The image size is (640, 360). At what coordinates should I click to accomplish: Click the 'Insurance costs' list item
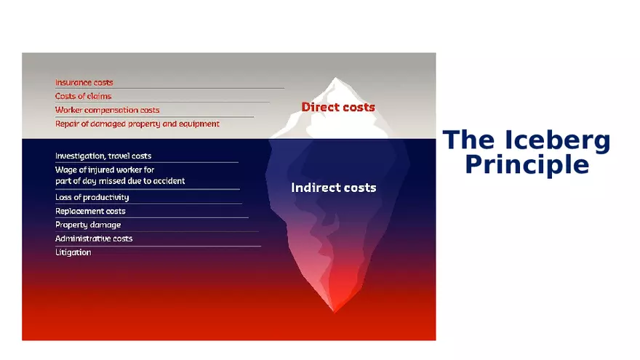84,82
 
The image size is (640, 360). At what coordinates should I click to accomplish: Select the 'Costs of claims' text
83,96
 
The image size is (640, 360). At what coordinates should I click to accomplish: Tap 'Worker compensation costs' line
108,111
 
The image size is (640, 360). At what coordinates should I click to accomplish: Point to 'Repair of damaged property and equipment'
137,124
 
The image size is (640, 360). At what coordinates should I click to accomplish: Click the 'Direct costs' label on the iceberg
338,107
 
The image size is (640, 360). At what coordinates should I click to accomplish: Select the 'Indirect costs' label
334,188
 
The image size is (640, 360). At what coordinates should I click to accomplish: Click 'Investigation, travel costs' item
103,156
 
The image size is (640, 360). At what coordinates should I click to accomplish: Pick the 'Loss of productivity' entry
92,197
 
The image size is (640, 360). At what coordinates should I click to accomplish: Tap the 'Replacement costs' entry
90,211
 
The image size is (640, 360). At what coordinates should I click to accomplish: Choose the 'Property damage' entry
88,225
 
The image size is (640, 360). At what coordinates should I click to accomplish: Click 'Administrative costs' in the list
94,239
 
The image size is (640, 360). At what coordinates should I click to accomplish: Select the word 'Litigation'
73,252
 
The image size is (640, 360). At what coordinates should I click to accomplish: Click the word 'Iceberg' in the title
558,140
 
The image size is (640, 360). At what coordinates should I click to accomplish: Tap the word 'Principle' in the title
527,165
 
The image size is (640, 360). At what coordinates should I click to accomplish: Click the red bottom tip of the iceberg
335,311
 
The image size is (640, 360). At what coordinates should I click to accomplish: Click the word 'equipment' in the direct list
199,124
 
